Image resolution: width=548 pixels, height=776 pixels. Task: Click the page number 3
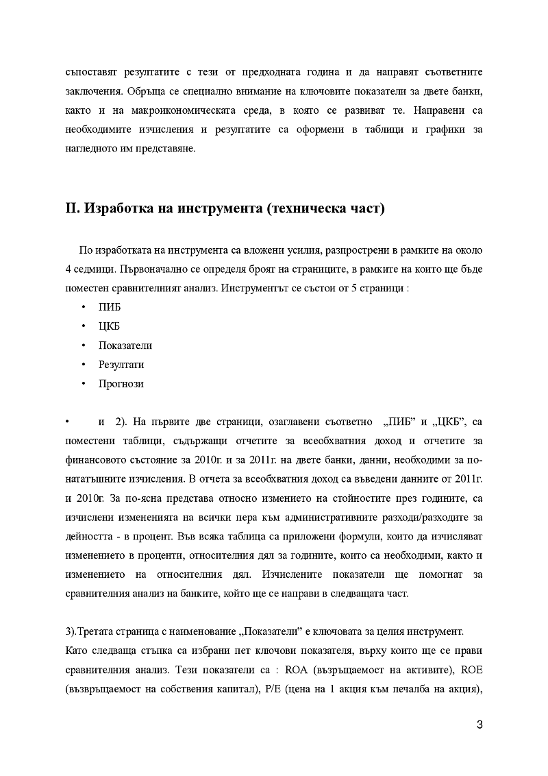480,726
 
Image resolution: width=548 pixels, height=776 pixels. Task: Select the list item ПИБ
110,306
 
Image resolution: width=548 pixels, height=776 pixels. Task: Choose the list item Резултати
121,365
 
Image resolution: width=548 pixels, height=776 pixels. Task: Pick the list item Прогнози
121,384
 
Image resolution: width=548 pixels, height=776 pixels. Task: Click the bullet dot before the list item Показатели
83,345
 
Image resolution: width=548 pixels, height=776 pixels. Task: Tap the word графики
446,130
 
